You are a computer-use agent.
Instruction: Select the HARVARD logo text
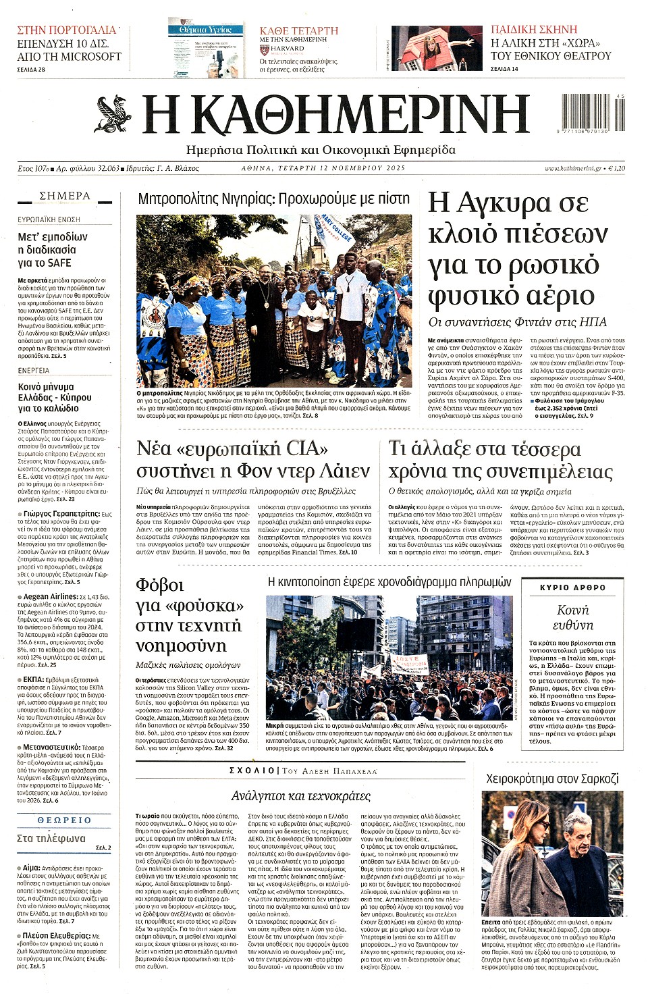point(288,49)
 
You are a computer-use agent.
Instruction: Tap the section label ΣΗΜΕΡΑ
point(65,196)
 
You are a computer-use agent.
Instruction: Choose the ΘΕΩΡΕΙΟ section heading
point(64,820)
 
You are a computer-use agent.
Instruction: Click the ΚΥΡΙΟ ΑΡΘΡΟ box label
point(572,587)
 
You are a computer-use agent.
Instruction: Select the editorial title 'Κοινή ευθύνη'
point(572,617)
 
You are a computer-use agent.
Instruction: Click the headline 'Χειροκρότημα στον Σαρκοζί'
point(552,779)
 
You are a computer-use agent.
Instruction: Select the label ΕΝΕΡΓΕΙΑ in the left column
point(34,371)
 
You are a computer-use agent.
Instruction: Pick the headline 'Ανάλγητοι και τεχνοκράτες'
point(300,796)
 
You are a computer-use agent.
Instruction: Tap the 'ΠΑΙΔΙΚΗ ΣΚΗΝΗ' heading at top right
point(534,30)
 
